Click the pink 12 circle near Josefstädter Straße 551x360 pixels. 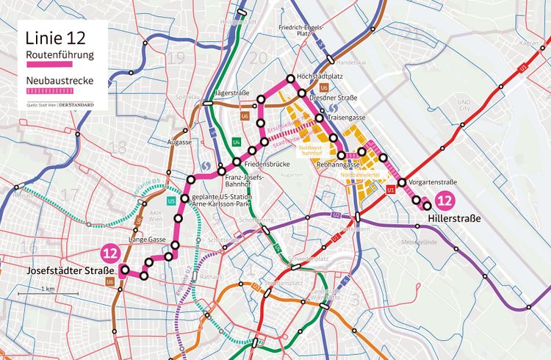pyautogui.click(x=110, y=253)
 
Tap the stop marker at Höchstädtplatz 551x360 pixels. pyautogui.click(x=291, y=79)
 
